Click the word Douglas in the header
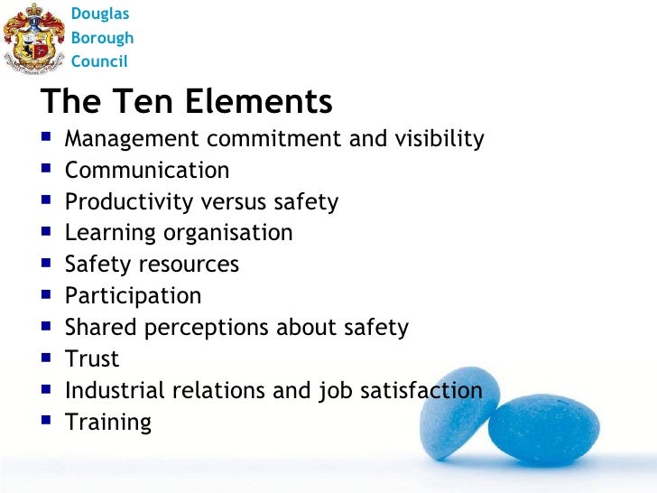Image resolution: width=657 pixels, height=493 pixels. [x=99, y=14]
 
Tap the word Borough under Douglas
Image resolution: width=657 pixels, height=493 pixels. [x=102, y=38]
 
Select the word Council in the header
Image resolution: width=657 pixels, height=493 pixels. [x=99, y=61]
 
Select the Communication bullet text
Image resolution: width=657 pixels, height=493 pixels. [x=147, y=171]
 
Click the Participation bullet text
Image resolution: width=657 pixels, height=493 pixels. [x=134, y=296]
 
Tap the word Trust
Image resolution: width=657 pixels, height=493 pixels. [x=92, y=359]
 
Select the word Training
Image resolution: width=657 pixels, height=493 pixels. [x=108, y=423]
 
